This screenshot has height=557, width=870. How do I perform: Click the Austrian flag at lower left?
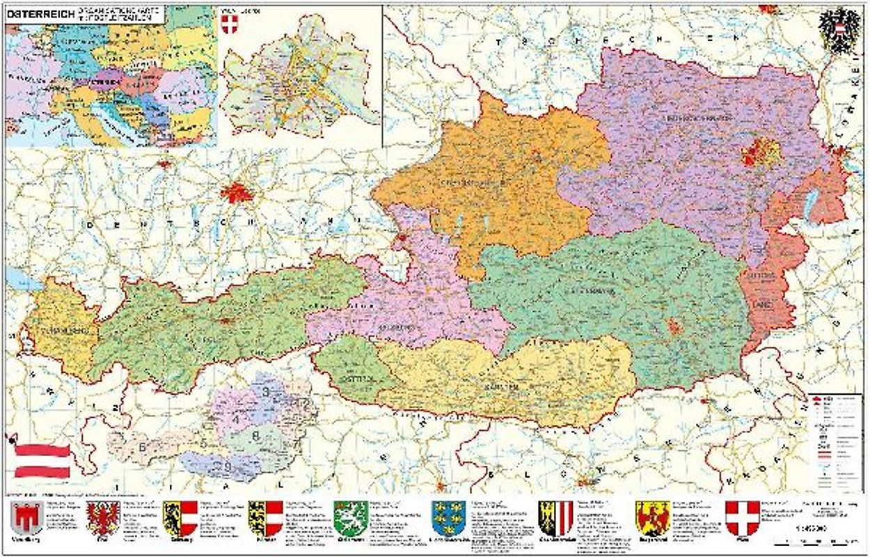[42, 460]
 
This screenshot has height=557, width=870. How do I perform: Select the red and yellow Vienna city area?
[761, 152]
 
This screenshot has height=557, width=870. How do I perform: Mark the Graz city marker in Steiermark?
[674, 326]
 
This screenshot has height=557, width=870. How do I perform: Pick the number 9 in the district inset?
[227, 465]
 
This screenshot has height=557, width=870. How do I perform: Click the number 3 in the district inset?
[266, 391]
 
